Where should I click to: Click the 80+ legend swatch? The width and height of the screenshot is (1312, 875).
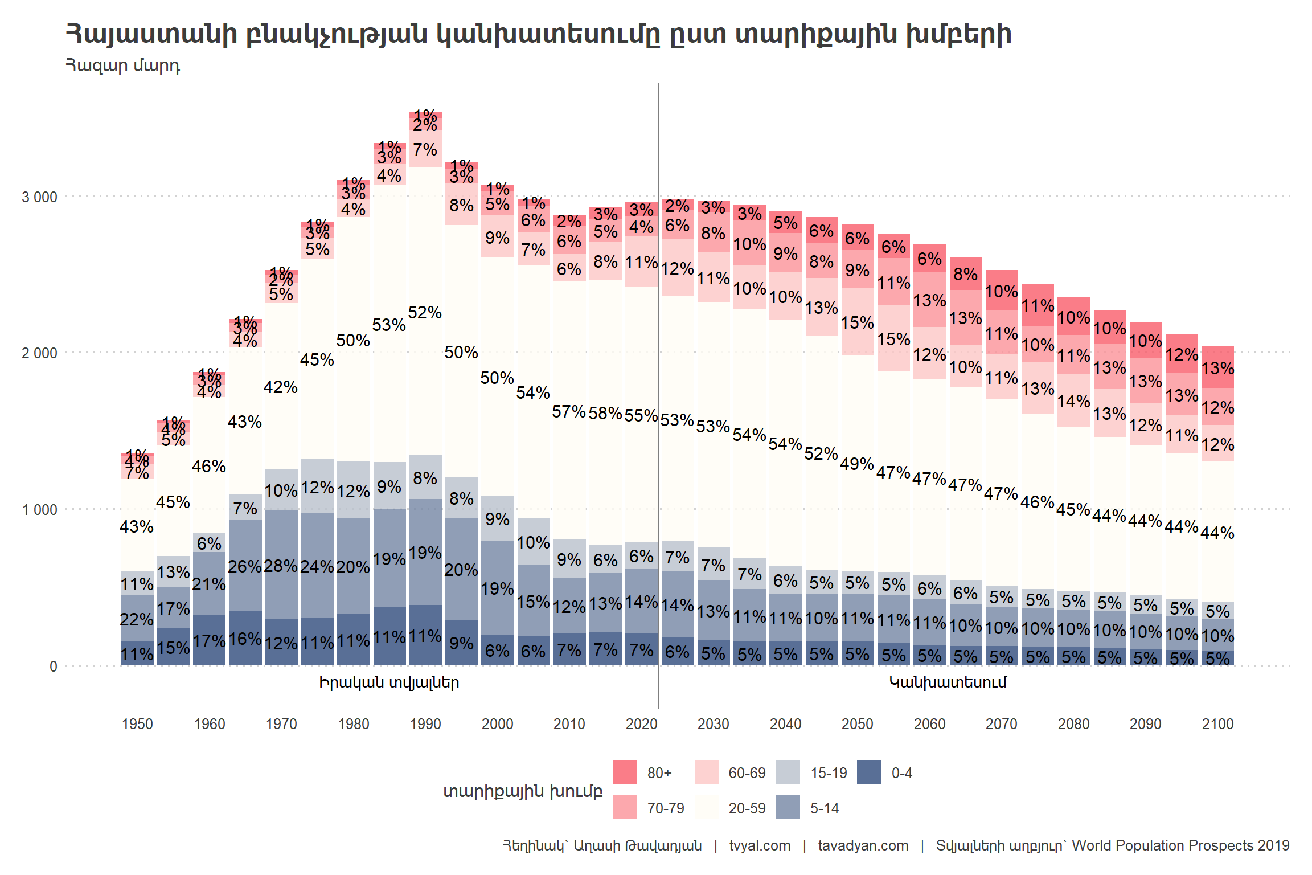pyautogui.click(x=625, y=772)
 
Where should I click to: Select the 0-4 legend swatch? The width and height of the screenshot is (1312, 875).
pyautogui.click(x=869, y=772)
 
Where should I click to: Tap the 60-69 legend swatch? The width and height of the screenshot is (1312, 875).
pyautogui.click(x=706, y=772)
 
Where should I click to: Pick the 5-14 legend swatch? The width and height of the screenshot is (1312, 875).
pyautogui.click(x=788, y=807)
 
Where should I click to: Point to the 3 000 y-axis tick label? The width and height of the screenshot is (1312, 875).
pyautogui.click(x=39, y=197)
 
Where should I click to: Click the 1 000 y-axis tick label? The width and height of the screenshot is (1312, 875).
pyautogui.click(x=39, y=510)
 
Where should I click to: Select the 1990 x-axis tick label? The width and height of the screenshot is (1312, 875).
pyautogui.click(x=425, y=724)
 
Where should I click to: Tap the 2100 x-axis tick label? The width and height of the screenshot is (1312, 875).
pyautogui.click(x=1217, y=724)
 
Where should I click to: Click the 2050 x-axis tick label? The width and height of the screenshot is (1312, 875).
pyautogui.click(x=857, y=724)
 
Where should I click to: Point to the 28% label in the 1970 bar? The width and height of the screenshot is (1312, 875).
pyautogui.click(x=281, y=566)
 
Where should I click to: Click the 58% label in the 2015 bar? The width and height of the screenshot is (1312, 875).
pyautogui.click(x=605, y=413)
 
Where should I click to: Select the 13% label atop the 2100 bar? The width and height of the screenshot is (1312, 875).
pyautogui.click(x=1217, y=368)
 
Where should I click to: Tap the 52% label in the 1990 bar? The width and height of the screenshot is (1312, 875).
pyautogui.click(x=425, y=312)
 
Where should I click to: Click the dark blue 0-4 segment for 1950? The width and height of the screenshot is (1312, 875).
pyautogui.click(x=137, y=653)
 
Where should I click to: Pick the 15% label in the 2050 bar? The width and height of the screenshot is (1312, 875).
pyautogui.click(x=857, y=322)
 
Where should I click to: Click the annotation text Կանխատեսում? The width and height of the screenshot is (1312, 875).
pyautogui.click(x=948, y=682)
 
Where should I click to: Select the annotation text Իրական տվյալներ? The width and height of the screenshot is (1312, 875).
pyautogui.click(x=389, y=682)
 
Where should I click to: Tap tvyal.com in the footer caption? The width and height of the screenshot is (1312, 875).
pyautogui.click(x=760, y=845)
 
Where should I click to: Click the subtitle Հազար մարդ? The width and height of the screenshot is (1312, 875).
pyautogui.click(x=123, y=66)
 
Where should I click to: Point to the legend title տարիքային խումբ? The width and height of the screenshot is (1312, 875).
pyautogui.click(x=523, y=791)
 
